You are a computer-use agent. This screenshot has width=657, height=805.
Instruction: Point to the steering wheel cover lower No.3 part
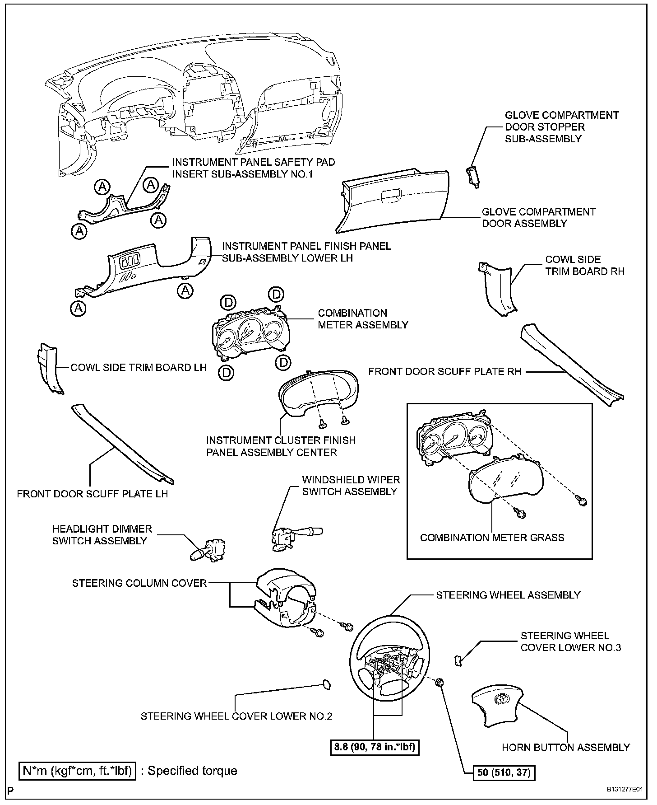(458, 660)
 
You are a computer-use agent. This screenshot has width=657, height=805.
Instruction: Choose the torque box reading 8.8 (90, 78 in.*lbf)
(374, 748)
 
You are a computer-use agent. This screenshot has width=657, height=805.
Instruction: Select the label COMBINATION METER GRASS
(492, 538)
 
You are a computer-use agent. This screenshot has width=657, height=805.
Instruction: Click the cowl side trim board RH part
(499, 289)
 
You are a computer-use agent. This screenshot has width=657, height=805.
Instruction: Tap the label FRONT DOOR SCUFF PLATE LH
(93, 494)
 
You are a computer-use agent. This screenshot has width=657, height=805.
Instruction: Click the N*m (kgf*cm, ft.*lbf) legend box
(77, 770)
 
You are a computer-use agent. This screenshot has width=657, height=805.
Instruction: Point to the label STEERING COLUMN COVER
(139, 583)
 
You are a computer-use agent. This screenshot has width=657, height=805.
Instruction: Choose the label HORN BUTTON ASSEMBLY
(565, 748)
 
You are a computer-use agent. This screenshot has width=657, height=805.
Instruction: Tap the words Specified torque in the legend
(192, 770)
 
